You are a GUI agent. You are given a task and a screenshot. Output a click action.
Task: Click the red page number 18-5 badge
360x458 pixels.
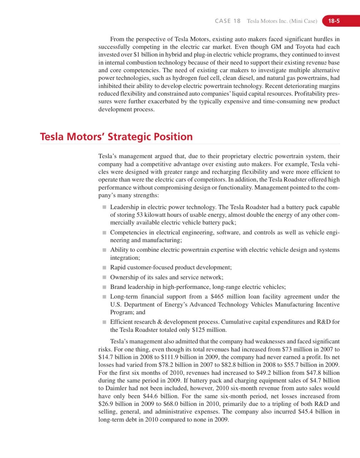(334, 21)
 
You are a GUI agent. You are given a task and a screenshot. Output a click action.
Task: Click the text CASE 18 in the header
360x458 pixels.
(228, 21)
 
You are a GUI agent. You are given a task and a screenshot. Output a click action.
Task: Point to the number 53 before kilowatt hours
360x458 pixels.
(140, 215)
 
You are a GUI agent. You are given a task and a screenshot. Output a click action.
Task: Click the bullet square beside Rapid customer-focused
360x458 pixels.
(104, 267)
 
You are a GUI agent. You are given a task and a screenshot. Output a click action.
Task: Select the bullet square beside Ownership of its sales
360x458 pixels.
(104, 277)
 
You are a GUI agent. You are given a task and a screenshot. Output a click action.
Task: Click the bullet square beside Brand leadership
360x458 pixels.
(104, 287)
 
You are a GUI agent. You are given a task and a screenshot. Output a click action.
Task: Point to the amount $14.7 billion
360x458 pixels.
(115, 357)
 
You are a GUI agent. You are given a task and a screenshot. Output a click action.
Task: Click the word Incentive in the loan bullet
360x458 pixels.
(327, 304)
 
